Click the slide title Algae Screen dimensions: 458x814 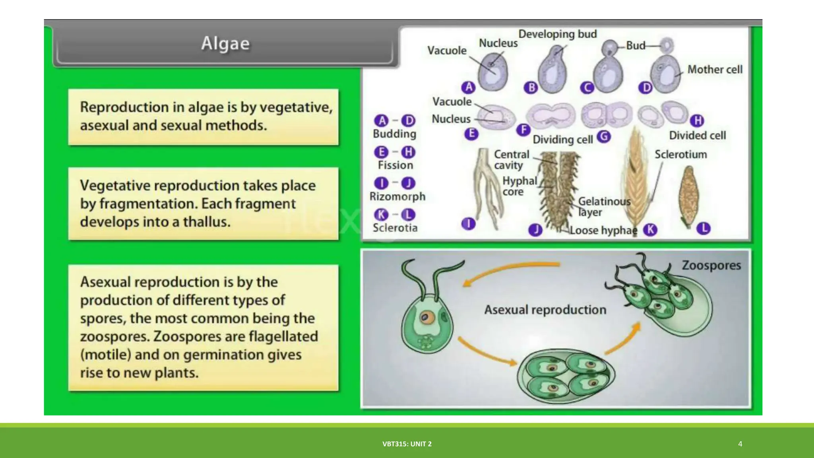click(225, 43)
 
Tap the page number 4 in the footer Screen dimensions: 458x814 click(740, 444)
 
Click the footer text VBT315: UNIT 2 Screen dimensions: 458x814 click(407, 444)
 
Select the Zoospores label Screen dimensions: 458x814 click(711, 265)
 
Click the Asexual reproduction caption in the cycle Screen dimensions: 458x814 click(545, 310)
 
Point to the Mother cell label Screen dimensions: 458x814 click(715, 70)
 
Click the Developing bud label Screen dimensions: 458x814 click(557, 34)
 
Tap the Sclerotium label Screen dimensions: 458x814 click(680, 154)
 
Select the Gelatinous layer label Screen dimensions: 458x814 click(604, 206)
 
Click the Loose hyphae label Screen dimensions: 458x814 click(603, 230)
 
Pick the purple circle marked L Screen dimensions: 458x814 click(704, 228)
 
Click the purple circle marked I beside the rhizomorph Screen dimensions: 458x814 click(468, 224)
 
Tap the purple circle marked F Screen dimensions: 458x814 click(523, 130)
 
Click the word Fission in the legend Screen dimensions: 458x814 click(395, 165)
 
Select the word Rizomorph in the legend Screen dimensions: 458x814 click(397, 196)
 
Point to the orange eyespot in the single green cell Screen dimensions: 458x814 click(426, 317)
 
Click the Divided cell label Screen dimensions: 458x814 click(697, 136)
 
